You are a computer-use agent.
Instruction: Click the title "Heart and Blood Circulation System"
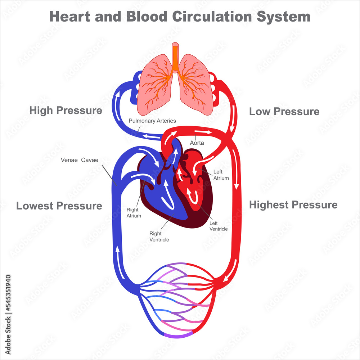(180, 17)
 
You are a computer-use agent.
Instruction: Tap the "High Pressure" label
(66, 111)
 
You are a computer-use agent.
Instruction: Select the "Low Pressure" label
(284, 112)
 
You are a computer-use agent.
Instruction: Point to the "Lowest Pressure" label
(59, 206)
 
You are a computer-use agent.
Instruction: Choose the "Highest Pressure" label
(293, 205)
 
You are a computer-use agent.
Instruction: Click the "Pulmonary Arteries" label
(152, 121)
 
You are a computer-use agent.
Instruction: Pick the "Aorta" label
(197, 143)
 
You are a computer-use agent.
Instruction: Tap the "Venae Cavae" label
(79, 160)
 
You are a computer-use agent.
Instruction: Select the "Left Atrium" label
(221, 175)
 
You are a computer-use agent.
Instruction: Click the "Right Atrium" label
(134, 212)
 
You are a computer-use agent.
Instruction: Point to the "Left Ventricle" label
(219, 226)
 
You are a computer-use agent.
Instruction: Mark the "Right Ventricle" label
(159, 237)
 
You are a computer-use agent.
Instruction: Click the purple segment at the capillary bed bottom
(178, 336)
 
